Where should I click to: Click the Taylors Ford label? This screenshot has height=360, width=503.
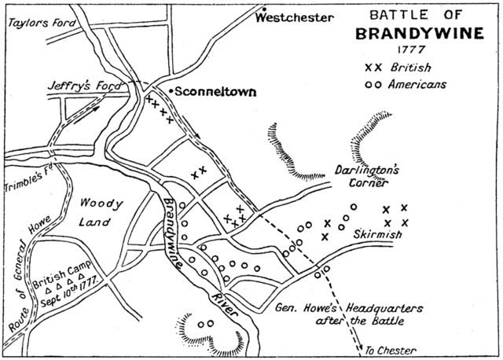[41, 23]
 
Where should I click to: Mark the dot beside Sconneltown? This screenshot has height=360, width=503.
[171, 90]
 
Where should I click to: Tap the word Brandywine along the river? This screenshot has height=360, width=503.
[176, 229]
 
